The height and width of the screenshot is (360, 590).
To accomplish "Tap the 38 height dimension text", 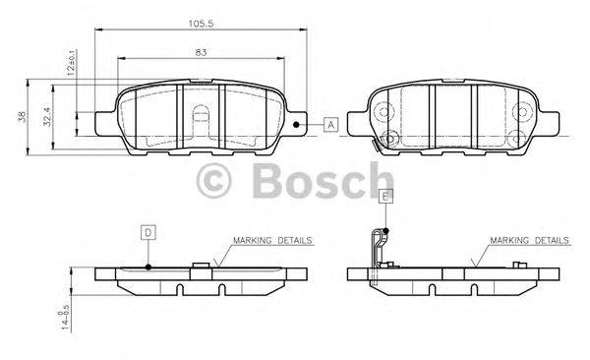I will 23,117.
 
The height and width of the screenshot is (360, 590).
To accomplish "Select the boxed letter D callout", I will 147,232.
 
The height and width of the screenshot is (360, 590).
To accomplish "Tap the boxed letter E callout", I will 385,197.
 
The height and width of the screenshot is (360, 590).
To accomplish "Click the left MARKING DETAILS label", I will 272,240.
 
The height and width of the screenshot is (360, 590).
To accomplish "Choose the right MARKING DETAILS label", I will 529,240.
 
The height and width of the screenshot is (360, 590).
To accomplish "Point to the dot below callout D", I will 147,266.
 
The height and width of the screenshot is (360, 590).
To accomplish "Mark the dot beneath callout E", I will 385,230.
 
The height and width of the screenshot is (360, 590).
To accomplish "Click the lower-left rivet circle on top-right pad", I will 387,138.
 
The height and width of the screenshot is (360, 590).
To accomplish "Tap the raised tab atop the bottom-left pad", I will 201,264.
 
